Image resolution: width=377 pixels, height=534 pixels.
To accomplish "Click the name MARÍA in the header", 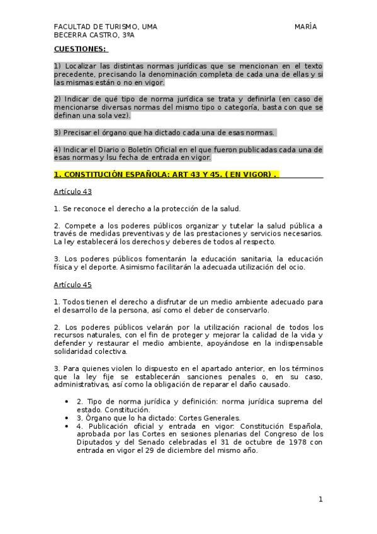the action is click(305, 26).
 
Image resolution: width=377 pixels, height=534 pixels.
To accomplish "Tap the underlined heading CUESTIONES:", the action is click(80, 48).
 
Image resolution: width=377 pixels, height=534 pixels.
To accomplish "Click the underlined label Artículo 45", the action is click(73, 285).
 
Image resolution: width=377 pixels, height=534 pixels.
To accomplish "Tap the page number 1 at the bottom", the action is click(320, 499).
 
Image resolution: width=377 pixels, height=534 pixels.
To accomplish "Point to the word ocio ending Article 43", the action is click(295, 267).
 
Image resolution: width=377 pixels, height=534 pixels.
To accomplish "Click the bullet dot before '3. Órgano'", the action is click(67, 418).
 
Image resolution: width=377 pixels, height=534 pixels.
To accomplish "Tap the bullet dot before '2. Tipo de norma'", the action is click(67, 401).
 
